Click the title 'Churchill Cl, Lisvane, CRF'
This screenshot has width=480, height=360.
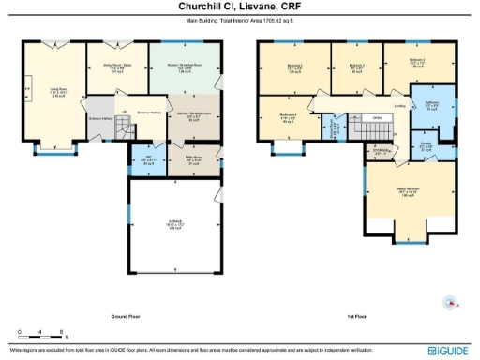[239, 6]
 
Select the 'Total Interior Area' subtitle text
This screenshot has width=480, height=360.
[240, 18]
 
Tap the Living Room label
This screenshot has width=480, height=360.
[57, 92]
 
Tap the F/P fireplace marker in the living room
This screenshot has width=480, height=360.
[27, 92]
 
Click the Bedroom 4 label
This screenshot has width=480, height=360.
[287, 115]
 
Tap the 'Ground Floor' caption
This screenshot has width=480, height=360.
[126, 316]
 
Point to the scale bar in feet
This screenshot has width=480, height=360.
[41, 335]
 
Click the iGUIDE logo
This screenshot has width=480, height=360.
[447, 349]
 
